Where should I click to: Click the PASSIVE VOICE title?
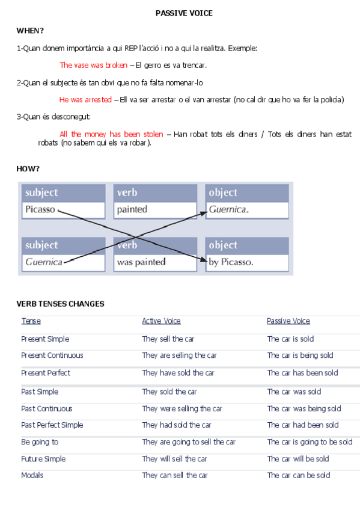coord(184,13)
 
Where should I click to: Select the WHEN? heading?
coord(30,31)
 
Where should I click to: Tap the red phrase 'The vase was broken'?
coord(93,65)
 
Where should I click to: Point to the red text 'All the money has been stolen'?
coord(111,134)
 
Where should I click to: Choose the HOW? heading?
coord(28,169)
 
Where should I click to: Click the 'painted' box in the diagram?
coord(154,210)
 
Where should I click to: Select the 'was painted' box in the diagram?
coord(154,262)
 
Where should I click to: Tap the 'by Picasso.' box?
coord(246,262)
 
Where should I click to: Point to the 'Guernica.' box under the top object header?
coord(246,210)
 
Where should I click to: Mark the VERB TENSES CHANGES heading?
coord(60,304)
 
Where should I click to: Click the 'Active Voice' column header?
coord(161,321)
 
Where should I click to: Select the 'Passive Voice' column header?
coord(288,321)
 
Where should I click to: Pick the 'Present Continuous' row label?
coord(52,355)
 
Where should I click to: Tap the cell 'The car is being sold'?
coord(300,355)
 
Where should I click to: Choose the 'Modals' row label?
coord(32,475)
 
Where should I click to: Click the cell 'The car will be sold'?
coord(298,459)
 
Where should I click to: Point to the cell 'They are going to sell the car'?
coord(189,442)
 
